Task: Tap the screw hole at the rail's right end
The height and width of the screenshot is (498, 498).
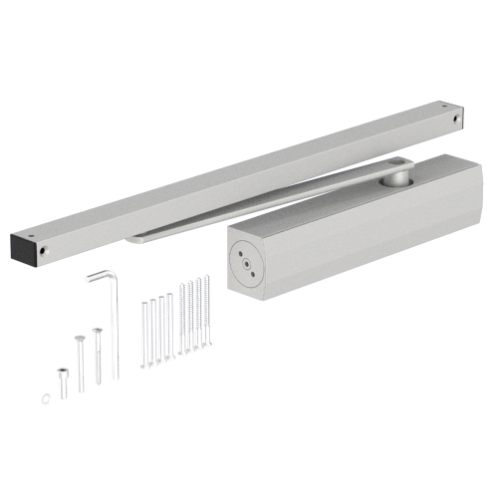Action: click(x=457, y=118)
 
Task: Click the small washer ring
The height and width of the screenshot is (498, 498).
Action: click(x=47, y=397)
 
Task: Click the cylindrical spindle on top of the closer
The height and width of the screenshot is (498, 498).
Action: click(x=398, y=178)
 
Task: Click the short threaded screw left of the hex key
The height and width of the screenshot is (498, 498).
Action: click(x=97, y=354)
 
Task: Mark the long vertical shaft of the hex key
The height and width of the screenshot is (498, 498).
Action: click(x=115, y=329)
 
